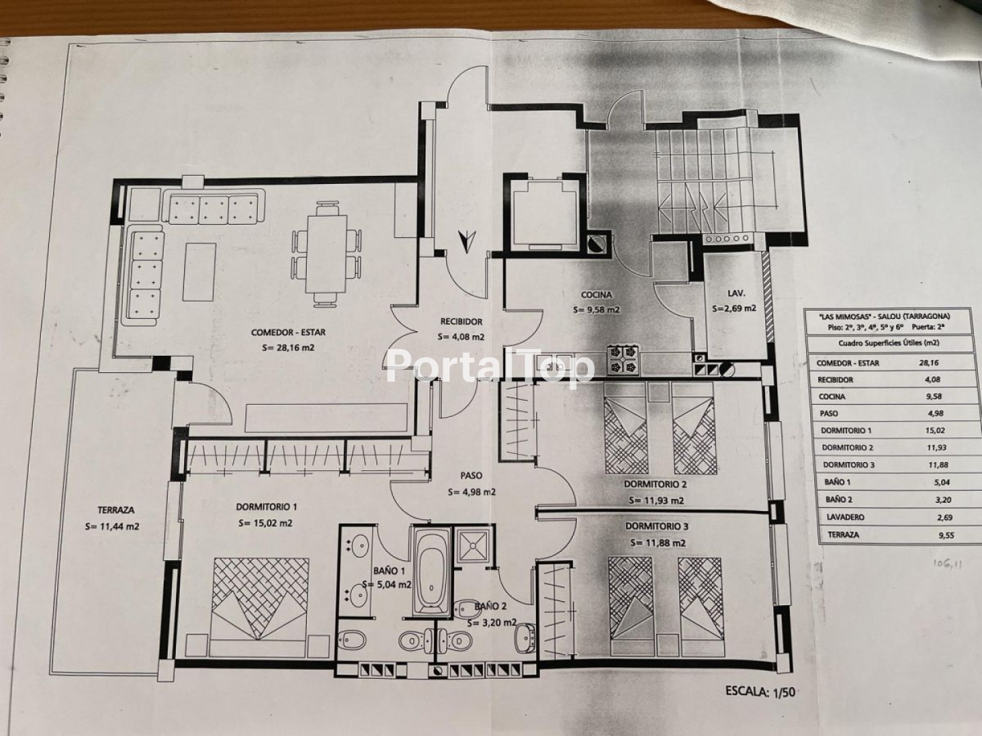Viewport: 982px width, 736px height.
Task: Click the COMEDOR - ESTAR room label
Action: click(x=288, y=333)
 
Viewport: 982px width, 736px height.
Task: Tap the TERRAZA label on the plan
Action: click(x=116, y=510)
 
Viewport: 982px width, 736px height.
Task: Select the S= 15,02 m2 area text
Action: click(x=265, y=523)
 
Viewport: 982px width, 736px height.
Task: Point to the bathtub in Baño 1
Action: click(x=430, y=571)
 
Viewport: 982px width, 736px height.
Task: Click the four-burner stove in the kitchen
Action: click(x=624, y=360)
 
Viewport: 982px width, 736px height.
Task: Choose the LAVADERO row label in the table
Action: click(x=845, y=517)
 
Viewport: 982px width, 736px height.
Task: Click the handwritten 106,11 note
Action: click(x=947, y=564)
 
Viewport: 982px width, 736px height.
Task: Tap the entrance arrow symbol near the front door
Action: click(x=466, y=242)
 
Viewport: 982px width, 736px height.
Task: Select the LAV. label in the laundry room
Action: click(x=735, y=294)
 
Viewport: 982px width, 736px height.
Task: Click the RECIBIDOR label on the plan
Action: click(x=461, y=321)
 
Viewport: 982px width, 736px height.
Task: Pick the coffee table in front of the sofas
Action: click(x=200, y=272)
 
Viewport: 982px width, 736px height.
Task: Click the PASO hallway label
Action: click(x=471, y=476)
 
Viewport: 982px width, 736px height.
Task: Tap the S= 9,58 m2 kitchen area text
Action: click(x=596, y=309)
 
